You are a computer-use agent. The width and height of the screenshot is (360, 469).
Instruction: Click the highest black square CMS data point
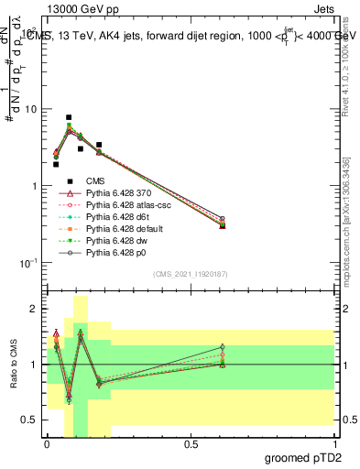coord(69,117)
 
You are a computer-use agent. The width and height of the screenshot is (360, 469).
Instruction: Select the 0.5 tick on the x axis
coord(191,443)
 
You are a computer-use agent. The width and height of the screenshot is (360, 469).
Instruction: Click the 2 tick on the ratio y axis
coord(35,310)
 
